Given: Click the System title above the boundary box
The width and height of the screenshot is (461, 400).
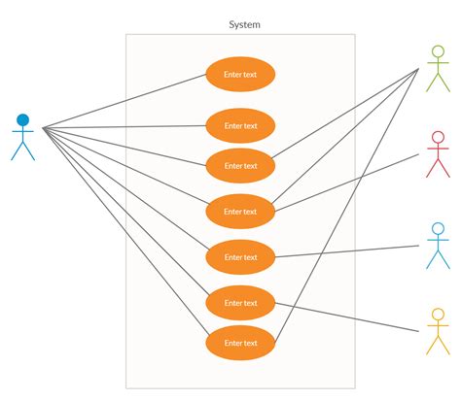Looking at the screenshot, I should pyautogui.click(x=244, y=24).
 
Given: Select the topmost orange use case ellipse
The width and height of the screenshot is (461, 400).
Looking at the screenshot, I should pyautogui.click(x=240, y=74).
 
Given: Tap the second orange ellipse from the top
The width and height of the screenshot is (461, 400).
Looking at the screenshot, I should pyautogui.click(x=240, y=125).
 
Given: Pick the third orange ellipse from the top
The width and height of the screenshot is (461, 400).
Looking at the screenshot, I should pyautogui.click(x=240, y=165).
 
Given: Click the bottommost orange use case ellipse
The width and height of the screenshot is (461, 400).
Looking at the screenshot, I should pyautogui.click(x=240, y=343).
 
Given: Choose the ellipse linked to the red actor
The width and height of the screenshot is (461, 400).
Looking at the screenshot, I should pyautogui.click(x=240, y=211).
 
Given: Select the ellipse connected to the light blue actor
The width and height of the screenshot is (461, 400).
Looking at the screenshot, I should pyautogui.click(x=240, y=256).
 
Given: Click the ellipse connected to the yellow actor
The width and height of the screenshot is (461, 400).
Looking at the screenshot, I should pyautogui.click(x=240, y=302).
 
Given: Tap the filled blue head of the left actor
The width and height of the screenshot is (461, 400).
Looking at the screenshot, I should pyautogui.click(x=22, y=120).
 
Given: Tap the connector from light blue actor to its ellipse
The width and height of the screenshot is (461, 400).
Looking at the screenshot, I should pyautogui.click(x=350, y=250).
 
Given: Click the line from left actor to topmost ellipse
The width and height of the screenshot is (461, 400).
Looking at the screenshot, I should pyautogui.click(x=126, y=100).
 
